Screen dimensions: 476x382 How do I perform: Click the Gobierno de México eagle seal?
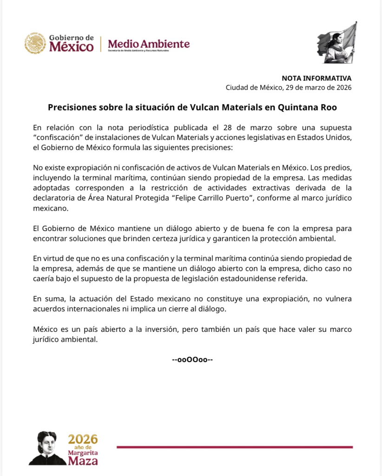click(35, 43)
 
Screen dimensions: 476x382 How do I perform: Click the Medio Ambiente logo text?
click(149, 44)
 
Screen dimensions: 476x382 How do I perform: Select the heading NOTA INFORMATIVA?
click(316, 78)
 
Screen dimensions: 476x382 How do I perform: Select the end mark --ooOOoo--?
click(192, 359)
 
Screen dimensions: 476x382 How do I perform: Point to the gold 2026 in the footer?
click(83, 439)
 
